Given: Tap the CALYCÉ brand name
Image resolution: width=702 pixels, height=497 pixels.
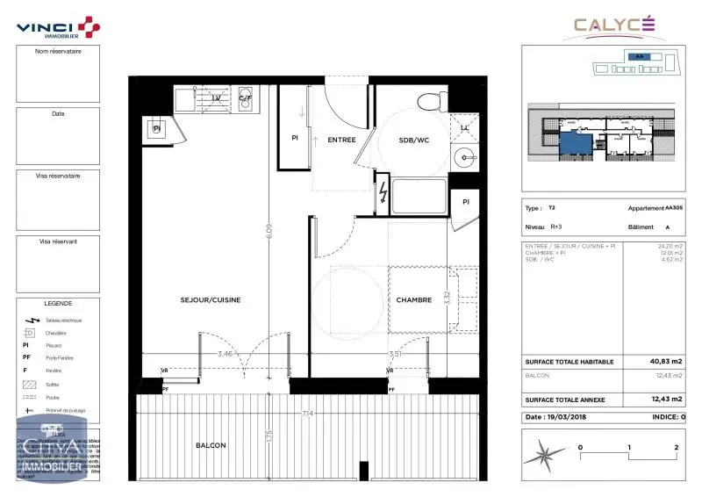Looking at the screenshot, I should [614, 25].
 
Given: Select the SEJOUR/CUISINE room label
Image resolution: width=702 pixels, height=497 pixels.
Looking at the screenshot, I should [211, 299].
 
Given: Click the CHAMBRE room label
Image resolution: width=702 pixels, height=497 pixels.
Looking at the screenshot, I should [413, 299].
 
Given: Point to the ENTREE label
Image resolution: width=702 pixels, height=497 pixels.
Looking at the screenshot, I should [341, 140].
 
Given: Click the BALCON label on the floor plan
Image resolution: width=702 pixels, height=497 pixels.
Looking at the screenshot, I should [211, 445].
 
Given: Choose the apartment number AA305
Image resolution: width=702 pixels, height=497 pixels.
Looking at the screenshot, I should [673, 208].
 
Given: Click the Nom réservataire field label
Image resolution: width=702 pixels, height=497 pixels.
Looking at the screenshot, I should [58, 51].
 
